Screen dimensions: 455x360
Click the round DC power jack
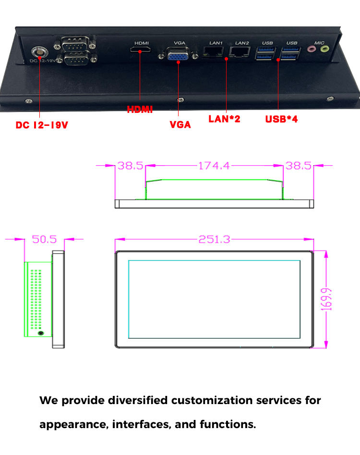[x=37, y=51]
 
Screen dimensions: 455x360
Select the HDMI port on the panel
[x=141, y=50]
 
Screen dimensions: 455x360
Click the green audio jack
[x=325, y=49]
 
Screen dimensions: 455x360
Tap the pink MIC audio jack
[x=314, y=49]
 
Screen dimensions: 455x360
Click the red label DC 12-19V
[x=42, y=125]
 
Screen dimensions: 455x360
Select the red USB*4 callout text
[x=282, y=119]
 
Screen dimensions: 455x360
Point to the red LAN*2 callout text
[x=224, y=118]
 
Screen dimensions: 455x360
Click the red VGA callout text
[x=180, y=124]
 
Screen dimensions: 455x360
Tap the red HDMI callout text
[x=140, y=110]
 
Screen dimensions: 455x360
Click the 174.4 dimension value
[x=214, y=166]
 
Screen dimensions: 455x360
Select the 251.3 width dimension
[x=214, y=239]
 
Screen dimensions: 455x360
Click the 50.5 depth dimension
[x=44, y=239]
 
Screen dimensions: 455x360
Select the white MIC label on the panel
[x=319, y=42]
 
